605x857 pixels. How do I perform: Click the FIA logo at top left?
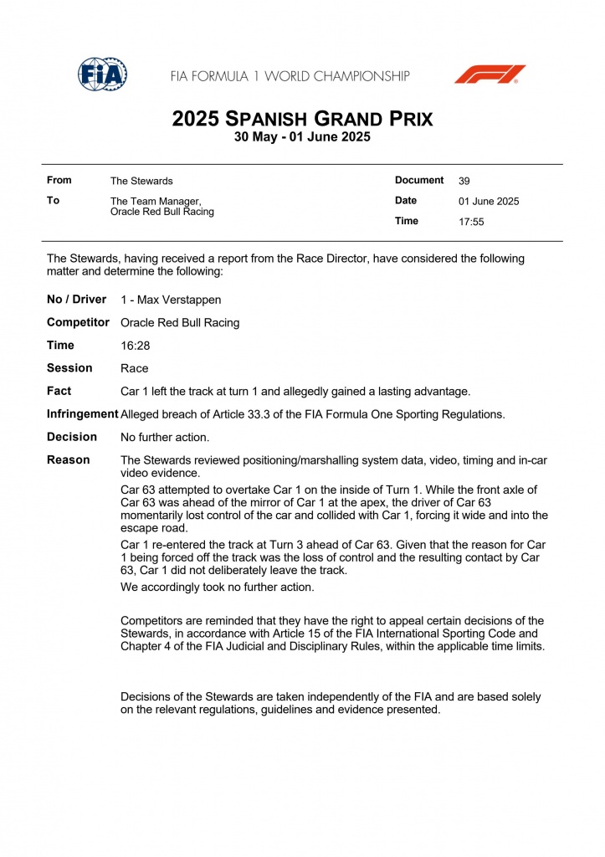102,74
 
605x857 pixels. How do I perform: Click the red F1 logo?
490,74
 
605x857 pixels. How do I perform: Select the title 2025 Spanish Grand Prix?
302,119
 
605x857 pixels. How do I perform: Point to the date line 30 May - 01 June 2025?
302,137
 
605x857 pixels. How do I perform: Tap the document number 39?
464,181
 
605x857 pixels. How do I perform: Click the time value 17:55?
471,222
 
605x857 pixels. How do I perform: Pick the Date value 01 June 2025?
489,202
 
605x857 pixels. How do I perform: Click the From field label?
59,180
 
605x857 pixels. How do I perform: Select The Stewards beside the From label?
141,181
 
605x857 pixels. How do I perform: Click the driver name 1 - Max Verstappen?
171,300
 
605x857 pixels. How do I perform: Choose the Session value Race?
135,368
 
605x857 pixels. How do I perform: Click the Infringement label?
82,414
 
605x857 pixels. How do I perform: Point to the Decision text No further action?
165,437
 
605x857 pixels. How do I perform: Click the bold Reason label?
68,459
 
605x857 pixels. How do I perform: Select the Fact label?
59,391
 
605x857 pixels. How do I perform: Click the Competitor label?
78,322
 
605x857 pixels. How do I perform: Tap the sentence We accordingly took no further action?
218,587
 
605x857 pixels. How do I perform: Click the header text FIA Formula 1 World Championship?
290,76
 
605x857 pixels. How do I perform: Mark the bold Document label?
419,180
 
